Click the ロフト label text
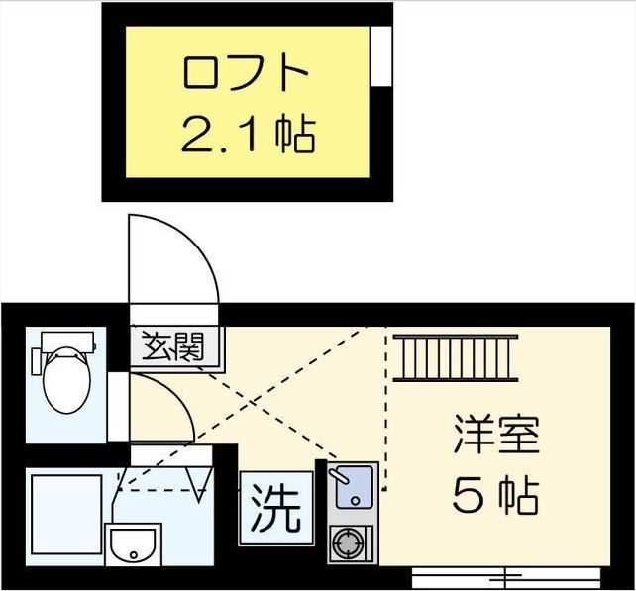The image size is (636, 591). pos(248,74)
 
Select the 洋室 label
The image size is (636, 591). pos(494,437)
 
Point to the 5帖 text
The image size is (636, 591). pos(494,495)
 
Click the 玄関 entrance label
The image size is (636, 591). pos(177,347)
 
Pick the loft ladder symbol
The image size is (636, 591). pos(455,357)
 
